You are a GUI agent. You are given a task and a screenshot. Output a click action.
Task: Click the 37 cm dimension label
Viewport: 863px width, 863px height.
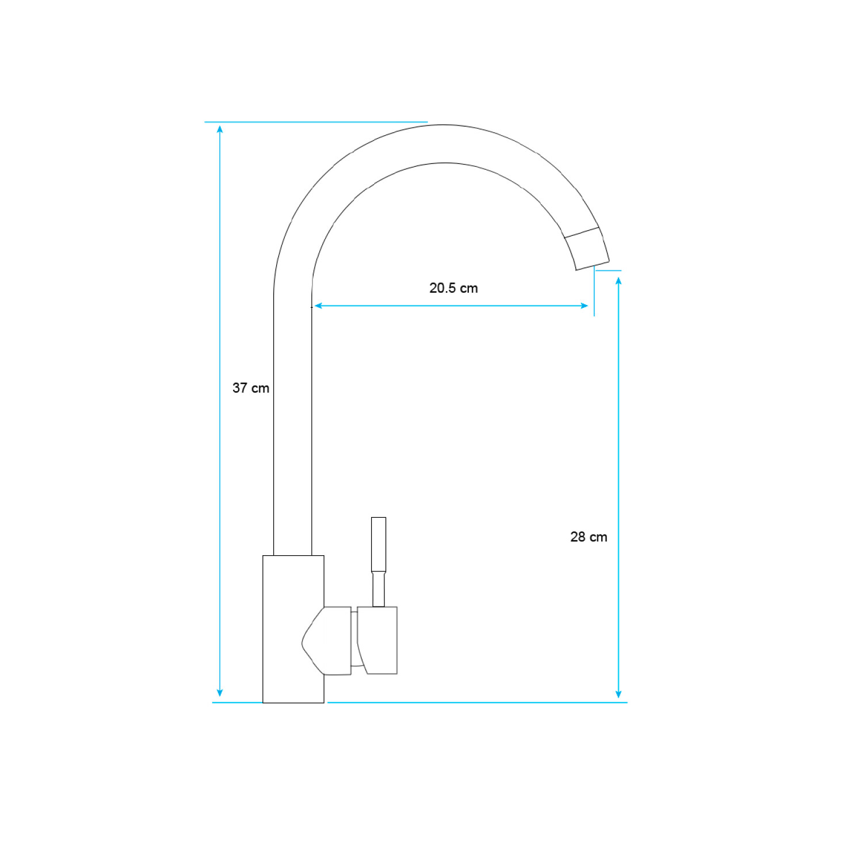pos(251,388)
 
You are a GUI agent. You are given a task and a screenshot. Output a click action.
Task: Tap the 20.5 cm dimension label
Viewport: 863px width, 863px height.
pos(453,288)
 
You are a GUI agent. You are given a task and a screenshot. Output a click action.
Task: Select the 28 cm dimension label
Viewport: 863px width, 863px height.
pos(589,537)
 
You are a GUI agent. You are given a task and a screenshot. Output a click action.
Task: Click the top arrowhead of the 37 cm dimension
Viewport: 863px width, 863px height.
pos(220,129)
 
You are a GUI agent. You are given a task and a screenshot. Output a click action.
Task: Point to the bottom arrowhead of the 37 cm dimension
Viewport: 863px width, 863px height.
pos(220,693)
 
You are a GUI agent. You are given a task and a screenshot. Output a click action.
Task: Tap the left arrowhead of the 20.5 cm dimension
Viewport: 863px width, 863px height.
pos(318,306)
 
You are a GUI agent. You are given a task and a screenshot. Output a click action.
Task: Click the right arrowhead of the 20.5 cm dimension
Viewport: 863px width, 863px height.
pos(585,306)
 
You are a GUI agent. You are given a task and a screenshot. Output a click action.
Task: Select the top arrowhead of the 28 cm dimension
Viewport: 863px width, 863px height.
pos(618,281)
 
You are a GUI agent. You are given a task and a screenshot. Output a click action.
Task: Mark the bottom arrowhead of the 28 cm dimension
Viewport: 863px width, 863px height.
pos(618,694)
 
